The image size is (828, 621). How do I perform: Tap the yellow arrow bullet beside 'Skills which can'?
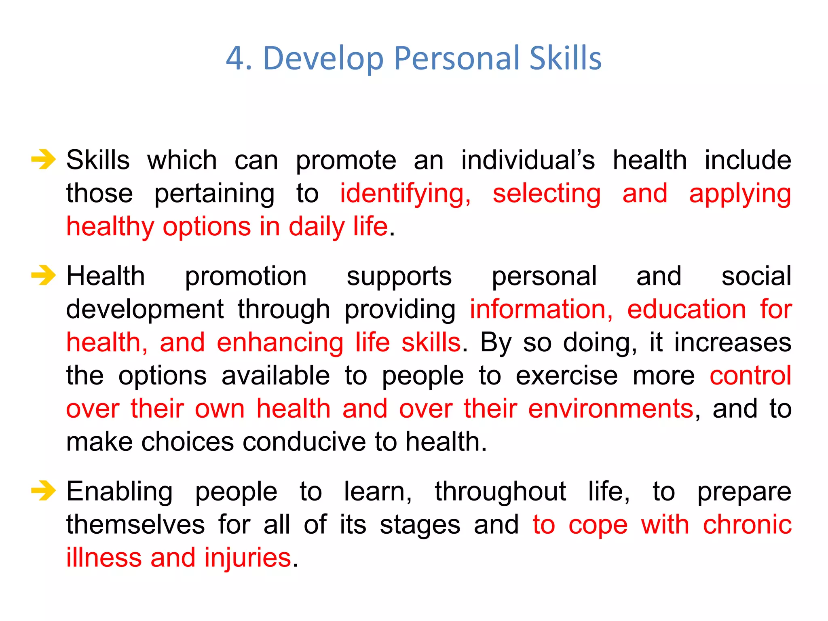(43, 159)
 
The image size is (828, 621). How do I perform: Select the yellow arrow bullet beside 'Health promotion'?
(43, 276)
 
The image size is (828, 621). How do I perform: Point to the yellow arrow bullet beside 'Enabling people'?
(43, 491)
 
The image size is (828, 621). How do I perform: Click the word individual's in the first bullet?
(528, 160)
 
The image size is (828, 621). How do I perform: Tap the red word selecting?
(546, 193)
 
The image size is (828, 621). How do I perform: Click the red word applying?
(739, 194)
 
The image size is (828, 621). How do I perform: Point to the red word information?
(541, 310)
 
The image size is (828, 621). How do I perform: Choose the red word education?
(686, 310)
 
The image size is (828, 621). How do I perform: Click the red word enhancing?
(280, 343)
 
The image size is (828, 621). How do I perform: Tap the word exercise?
(566, 376)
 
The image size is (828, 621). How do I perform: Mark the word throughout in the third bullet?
(500, 492)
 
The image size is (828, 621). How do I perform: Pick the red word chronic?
(747, 525)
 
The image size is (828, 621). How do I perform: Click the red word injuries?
(247, 558)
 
